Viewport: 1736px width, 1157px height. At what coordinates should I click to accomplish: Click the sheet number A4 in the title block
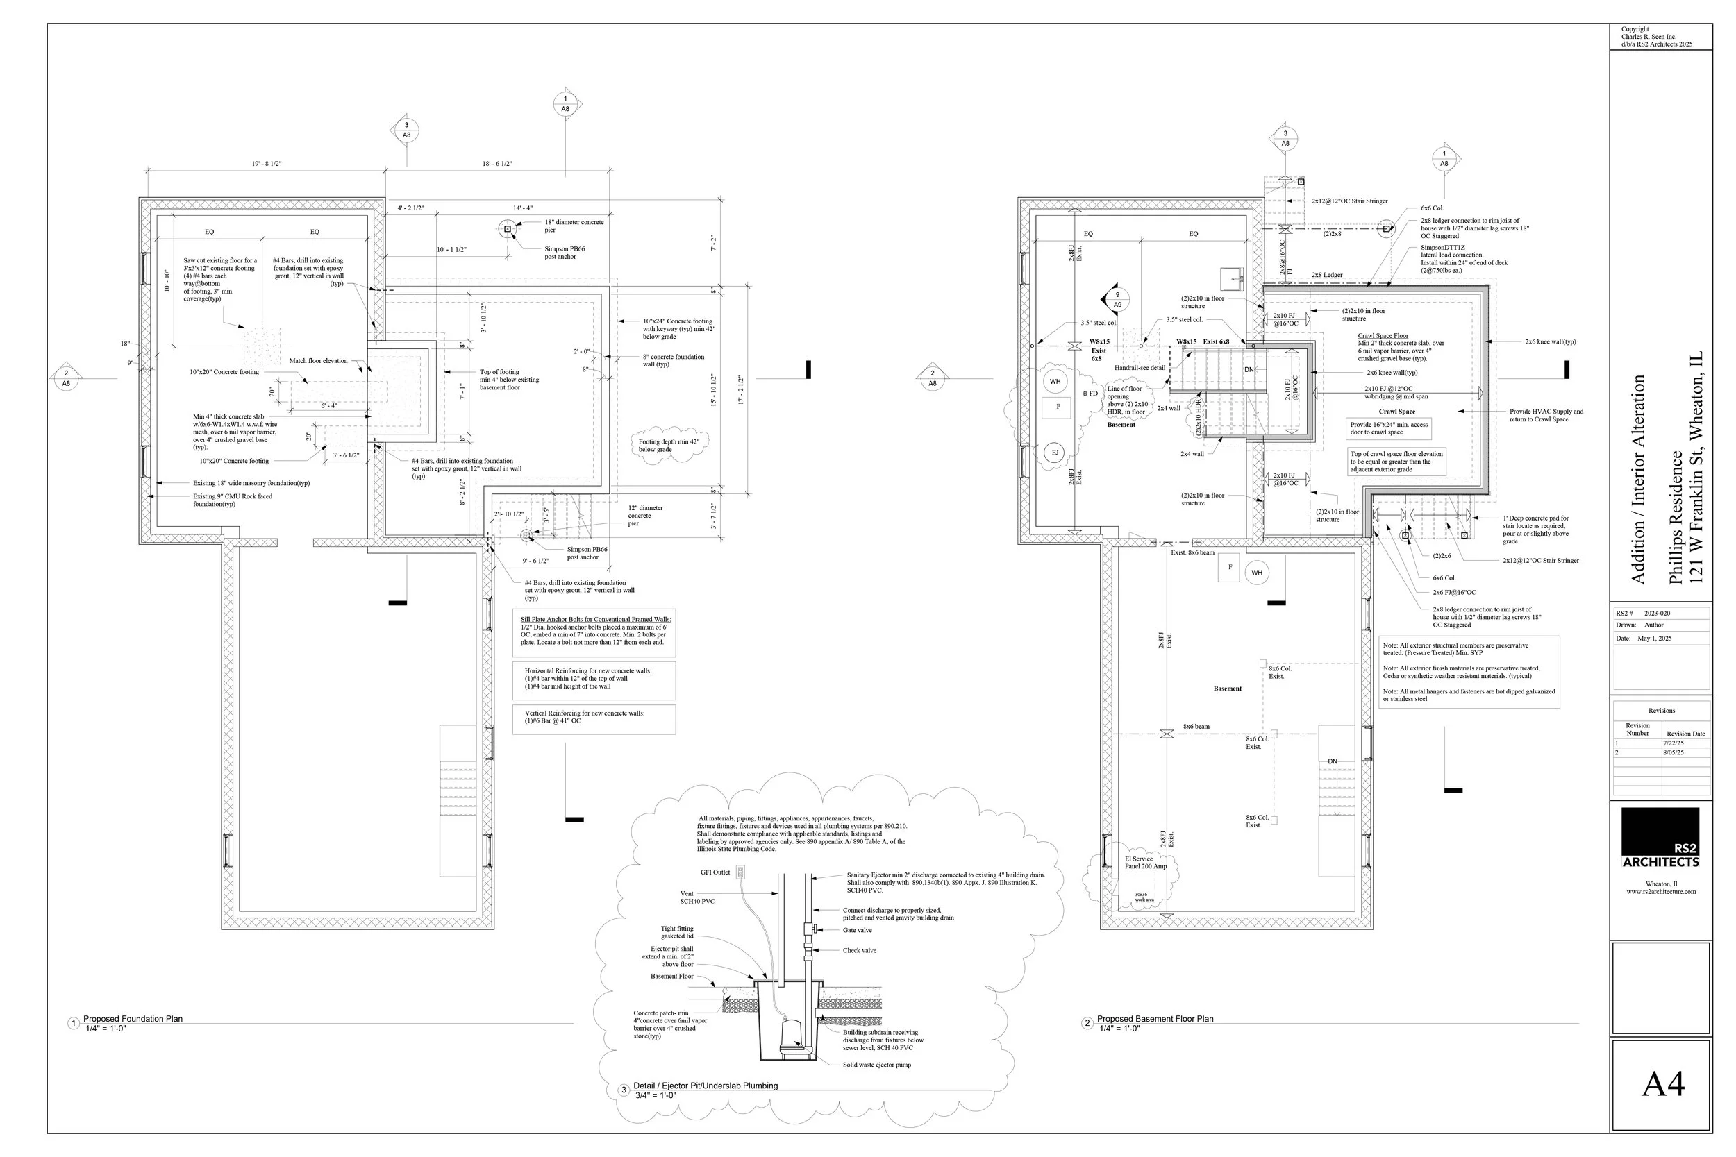click(1663, 1084)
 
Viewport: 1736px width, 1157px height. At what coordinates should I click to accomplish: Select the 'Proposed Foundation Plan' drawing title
click(133, 1019)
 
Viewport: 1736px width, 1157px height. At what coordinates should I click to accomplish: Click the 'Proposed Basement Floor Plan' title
click(1155, 1019)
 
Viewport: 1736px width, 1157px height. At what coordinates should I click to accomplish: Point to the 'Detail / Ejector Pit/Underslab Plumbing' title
click(706, 1086)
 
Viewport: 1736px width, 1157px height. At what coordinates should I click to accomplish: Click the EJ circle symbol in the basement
click(1055, 453)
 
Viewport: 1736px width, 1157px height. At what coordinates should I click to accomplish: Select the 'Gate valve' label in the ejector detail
click(857, 931)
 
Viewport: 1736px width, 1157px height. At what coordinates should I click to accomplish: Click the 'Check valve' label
click(859, 950)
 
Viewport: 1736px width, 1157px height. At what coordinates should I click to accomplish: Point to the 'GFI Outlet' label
click(715, 872)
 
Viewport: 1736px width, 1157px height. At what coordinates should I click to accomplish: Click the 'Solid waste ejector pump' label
click(877, 1065)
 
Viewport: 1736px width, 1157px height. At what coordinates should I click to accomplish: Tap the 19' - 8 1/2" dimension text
click(267, 164)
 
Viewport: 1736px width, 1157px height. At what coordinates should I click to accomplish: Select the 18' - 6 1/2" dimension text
click(496, 164)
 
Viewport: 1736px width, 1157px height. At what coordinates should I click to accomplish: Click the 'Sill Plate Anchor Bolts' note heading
click(596, 619)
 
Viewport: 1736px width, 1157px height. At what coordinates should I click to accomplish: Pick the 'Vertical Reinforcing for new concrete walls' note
click(585, 713)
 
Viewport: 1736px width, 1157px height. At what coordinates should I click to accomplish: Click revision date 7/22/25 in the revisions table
click(1674, 743)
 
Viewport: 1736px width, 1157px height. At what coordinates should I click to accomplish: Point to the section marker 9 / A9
click(1117, 300)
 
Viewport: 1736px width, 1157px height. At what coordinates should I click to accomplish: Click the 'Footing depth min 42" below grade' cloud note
click(669, 445)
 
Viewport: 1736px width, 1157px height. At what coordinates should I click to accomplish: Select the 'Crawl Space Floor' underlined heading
click(1383, 336)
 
